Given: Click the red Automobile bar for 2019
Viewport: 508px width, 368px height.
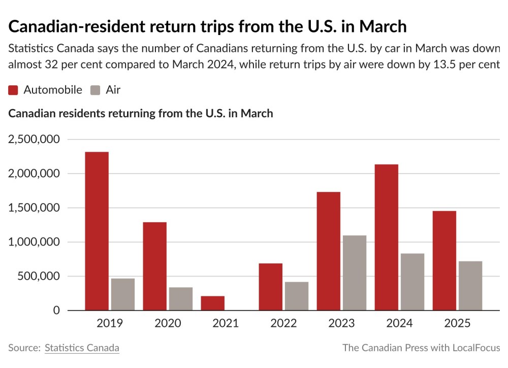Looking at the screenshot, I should pyautogui.click(x=97, y=231).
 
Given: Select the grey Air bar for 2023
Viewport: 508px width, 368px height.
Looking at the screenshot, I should pyautogui.click(x=355, y=273).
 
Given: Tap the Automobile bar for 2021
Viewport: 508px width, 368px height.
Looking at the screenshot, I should pyautogui.click(x=212, y=303).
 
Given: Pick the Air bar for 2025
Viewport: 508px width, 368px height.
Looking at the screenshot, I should pyautogui.click(x=470, y=285).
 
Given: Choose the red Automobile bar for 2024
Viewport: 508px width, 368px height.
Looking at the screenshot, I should pyautogui.click(x=386, y=237).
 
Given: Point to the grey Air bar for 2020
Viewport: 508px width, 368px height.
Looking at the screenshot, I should pyautogui.click(x=181, y=298).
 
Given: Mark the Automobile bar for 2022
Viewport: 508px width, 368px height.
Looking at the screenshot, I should pyautogui.click(x=270, y=287).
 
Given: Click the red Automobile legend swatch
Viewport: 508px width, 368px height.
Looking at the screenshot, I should pyautogui.click(x=14, y=90).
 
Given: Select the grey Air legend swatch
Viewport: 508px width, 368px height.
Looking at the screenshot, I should pyautogui.click(x=96, y=90).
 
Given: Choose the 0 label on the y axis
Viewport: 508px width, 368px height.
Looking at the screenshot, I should pyautogui.click(x=56, y=311).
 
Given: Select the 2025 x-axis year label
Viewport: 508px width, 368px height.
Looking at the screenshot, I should pyautogui.click(x=457, y=323).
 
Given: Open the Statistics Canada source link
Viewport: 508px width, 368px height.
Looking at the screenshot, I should pyautogui.click(x=82, y=348).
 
